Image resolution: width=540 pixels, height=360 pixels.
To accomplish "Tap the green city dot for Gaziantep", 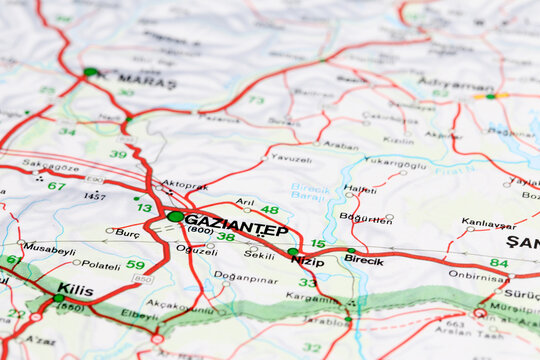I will [x=176, y=216].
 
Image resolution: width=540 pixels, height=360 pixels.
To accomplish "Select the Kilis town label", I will [x=75, y=289].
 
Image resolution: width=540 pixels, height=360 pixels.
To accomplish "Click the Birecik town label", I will [x=364, y=260].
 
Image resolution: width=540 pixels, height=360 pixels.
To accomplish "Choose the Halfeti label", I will [x=360, y=188].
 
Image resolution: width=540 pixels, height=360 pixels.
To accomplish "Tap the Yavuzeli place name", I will [x=291, y=158].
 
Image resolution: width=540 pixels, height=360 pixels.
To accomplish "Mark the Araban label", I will [x=341, y=145].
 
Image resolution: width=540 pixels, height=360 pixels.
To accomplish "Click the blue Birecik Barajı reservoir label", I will [x=310, y=191].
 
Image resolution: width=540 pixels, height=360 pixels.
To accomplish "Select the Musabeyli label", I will [x=49, y=248].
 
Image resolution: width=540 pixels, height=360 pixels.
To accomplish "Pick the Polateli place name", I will [x=100, y=265].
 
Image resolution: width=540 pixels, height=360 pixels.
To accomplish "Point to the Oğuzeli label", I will [x=196, y=250].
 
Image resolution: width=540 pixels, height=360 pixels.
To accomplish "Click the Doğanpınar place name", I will [x=245, y=277].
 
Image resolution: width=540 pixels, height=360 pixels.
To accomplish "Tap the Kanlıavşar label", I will [x=489, y=223].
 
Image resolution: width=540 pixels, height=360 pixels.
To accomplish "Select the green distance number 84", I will [x=498, y=263].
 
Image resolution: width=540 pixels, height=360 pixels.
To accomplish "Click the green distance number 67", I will [x=56, y=185].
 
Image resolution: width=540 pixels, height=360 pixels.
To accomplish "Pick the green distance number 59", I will [x=135, y=265].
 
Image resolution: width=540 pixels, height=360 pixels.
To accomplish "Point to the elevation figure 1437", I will [x=94, y=196].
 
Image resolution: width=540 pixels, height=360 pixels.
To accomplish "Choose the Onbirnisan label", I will [x=478, y=275].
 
